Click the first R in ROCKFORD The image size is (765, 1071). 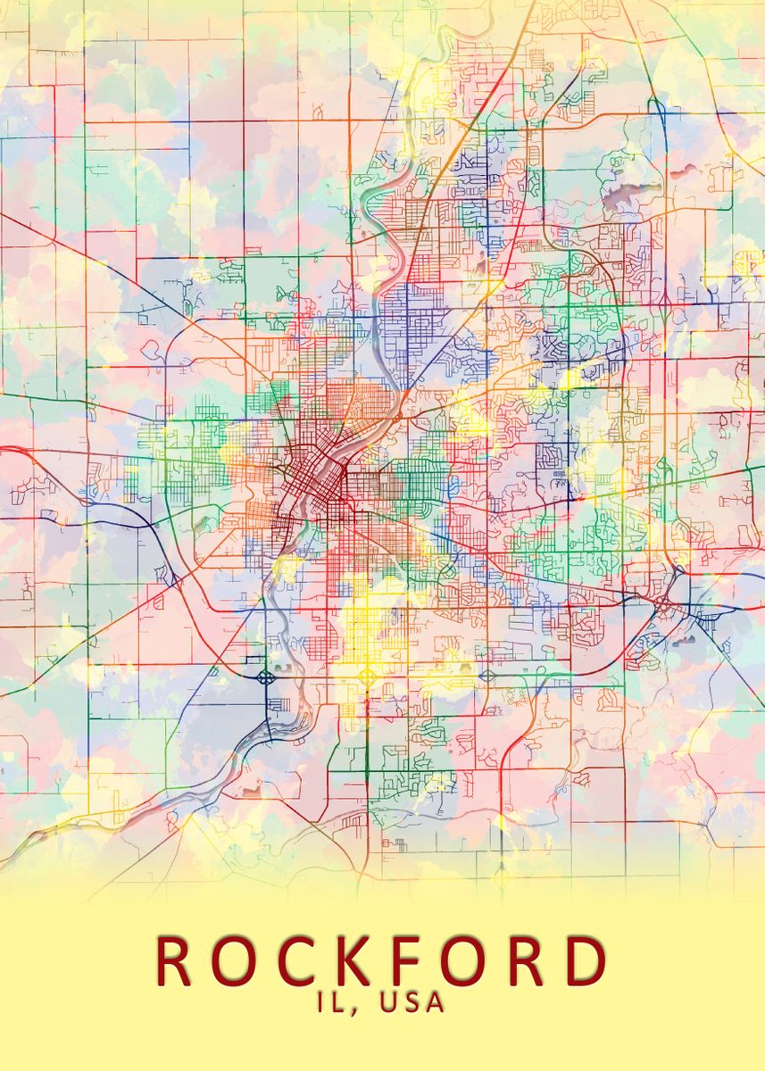(176, 961)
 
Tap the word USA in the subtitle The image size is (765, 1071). (412, 1002)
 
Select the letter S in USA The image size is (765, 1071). (412, 1002)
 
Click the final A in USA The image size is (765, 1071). (435, 1002)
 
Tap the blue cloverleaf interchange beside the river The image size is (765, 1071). (265, 677)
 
